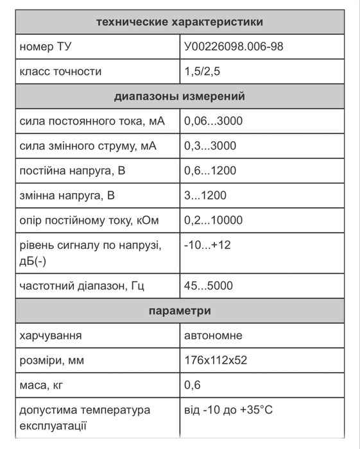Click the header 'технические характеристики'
pyautogui.click(x=179, y=22)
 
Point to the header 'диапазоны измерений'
pyautogui.click(x=179, y=97)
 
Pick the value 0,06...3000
pyautogui.click(x=213, y=121)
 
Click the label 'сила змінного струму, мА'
pyautogui.click(x=88, y=146)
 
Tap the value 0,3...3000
pyautogui.click(x=210, y=146)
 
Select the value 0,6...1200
pyautogui.click(x=210, y=171)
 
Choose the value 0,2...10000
pyautogui.click(x=213, y=221)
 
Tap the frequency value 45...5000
pyautogui.click(x=209, y=286)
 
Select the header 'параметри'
pyautogui.click(x=179, y=311)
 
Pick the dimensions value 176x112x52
pyautogui.click(x=215, y=360)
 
